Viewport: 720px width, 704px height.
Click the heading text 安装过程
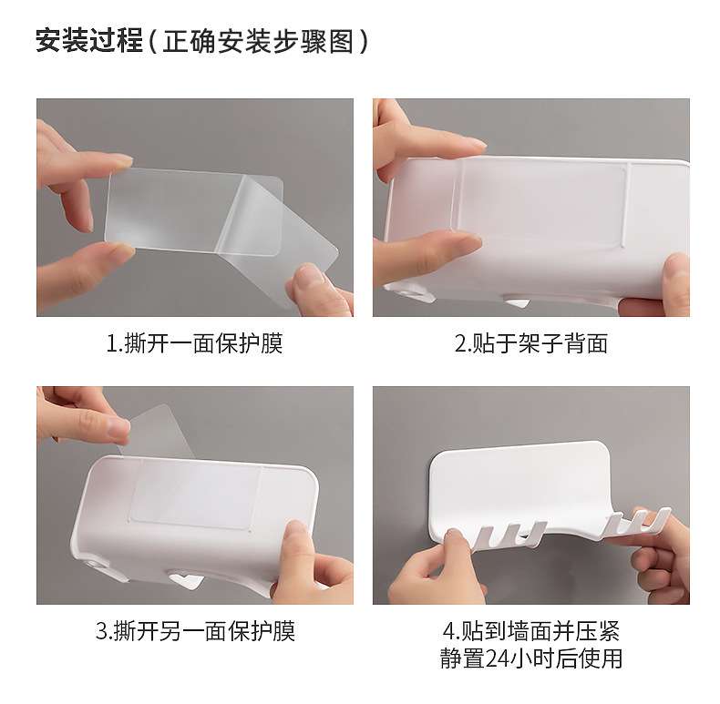89,41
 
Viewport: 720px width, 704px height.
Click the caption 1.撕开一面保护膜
195,343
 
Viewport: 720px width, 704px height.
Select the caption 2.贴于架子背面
531,343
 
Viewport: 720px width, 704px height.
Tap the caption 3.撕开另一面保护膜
195,631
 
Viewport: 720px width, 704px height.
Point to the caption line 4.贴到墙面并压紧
531,631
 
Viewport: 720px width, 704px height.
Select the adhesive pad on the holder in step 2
542,200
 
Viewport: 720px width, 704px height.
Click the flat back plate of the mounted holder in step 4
519,487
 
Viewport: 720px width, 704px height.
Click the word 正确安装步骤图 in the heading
259,41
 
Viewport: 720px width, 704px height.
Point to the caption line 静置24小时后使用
531,658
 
